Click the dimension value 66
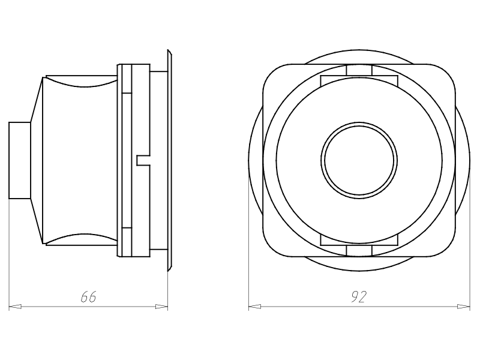88,296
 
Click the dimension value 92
359,296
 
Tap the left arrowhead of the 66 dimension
15,307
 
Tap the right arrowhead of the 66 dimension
161,307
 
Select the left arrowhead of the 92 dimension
254,307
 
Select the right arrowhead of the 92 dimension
463,307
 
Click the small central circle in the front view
359,160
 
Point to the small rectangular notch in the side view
143,160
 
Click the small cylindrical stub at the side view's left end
20,160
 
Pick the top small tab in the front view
359,70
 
